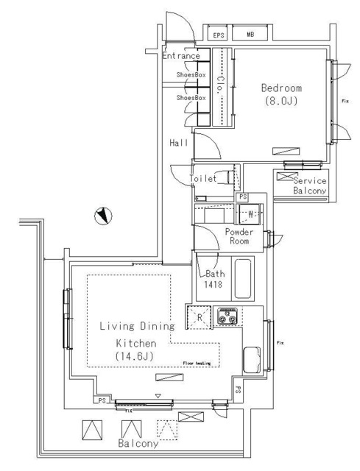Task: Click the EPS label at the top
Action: pos(219,35)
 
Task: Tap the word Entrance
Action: pos(181,56)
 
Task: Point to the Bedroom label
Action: pos(281,88)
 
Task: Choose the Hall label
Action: pos(179,143)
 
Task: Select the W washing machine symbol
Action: pos(250,215)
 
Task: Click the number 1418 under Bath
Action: pos(213,285)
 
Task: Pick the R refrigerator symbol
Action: pos(198,316)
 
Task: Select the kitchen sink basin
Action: pos(250,360)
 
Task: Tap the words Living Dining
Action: pos(136,326)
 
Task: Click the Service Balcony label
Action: pos(309,186)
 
